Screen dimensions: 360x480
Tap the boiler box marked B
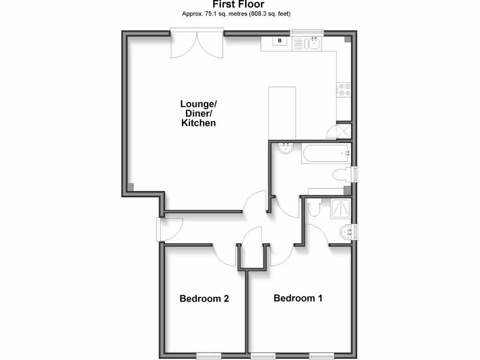click(280, 41)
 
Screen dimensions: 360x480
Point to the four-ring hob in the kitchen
click(344, 90)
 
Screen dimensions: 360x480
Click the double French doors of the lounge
click(197, 45)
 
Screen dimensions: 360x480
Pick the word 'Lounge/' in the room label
click(199, 104)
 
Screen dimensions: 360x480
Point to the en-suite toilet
click(314, 207)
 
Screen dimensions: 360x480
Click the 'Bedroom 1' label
click(298, 298)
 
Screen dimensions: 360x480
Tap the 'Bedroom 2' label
click(204, 299)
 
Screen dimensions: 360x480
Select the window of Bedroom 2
click(209, 356)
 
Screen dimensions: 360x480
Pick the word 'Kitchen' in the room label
click(199, 123)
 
